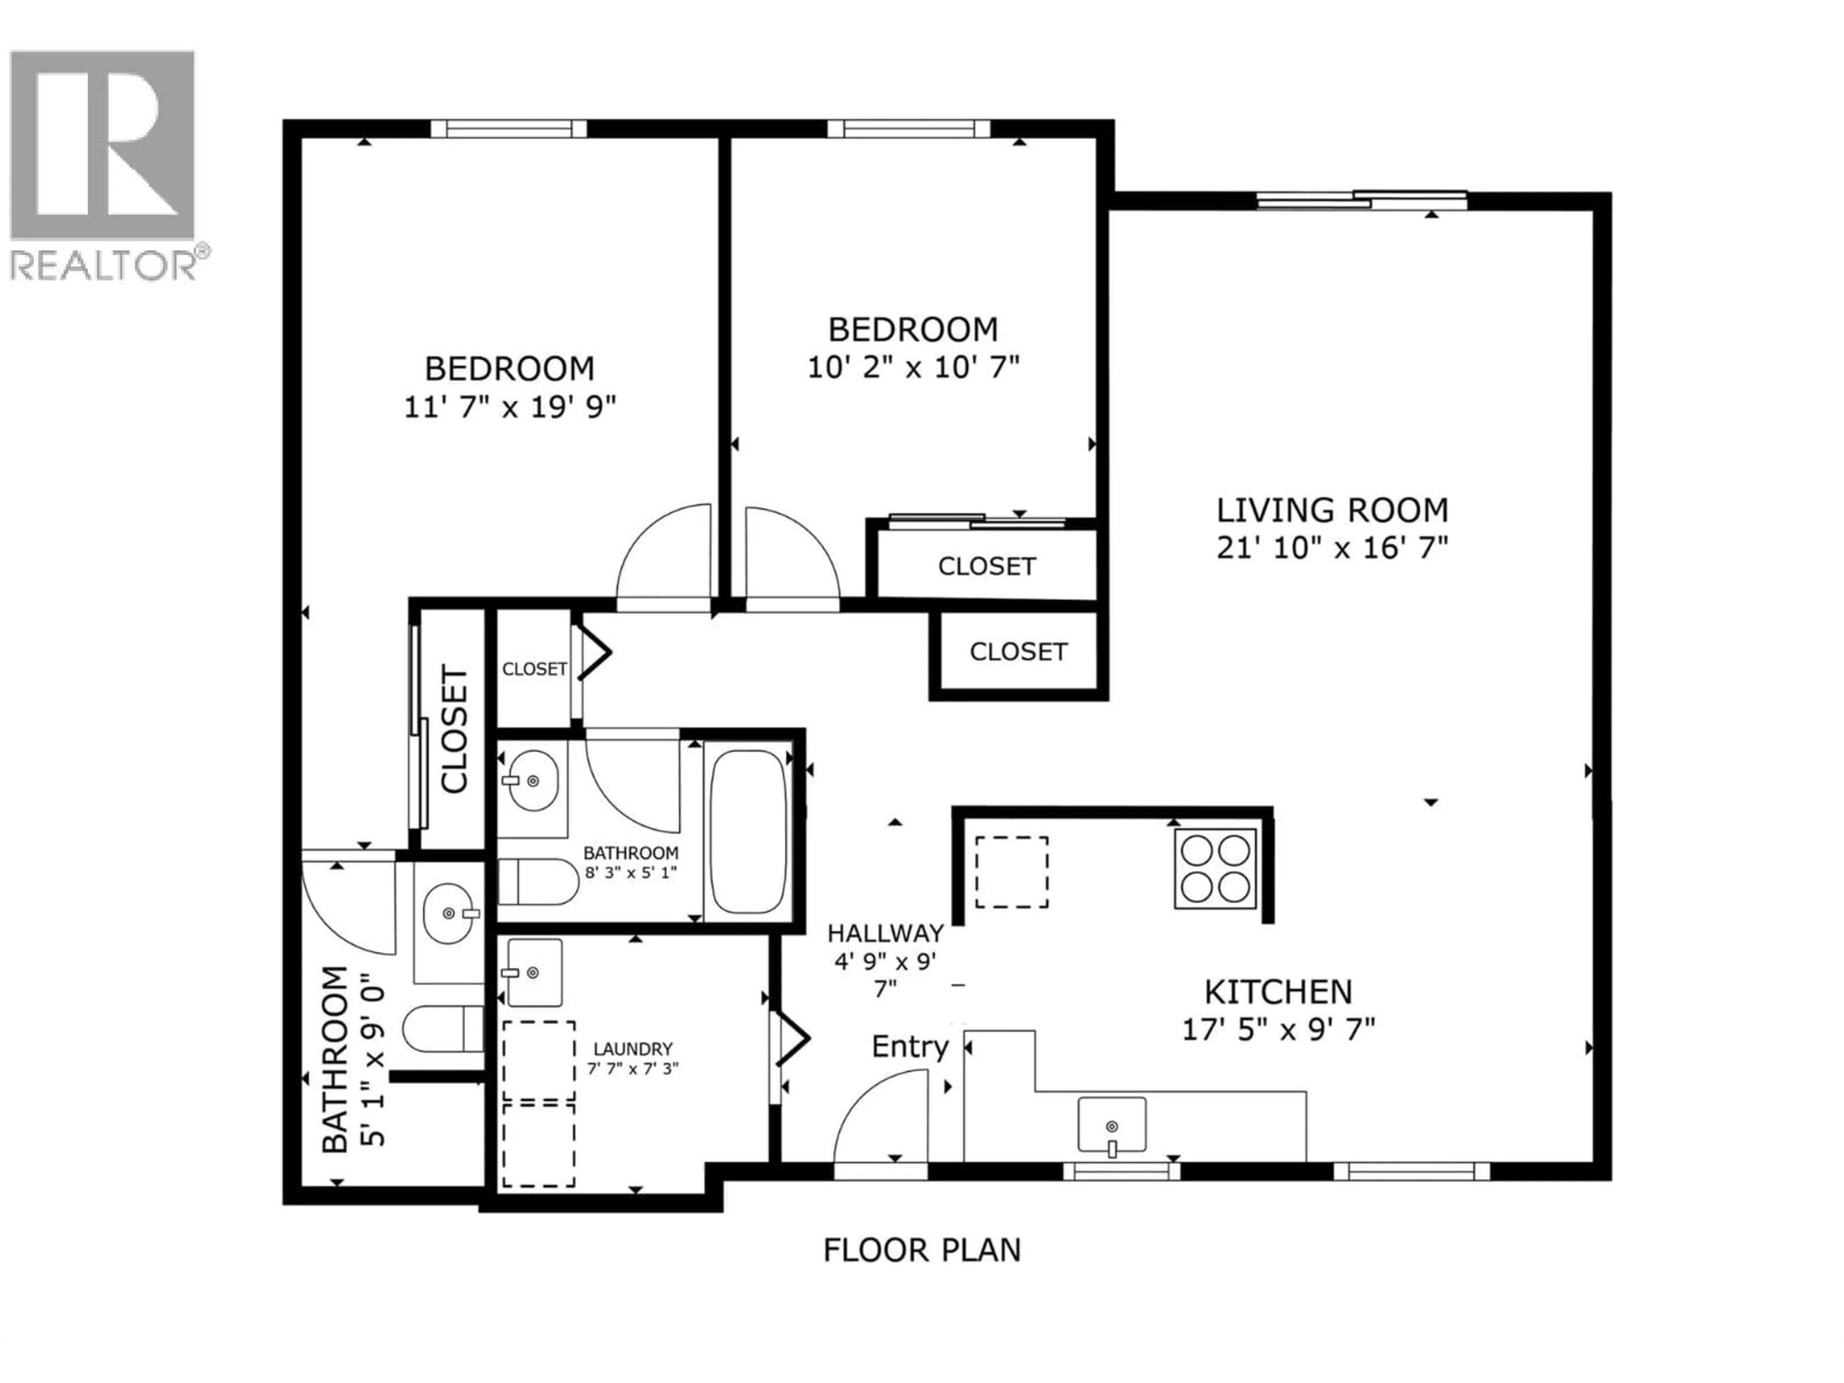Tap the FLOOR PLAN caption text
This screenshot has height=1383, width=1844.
pyautogui.click(x=922, y=1250)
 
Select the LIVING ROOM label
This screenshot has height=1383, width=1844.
pyautogui.click(x=1332, y=510)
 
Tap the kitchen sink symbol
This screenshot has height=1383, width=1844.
pyautogui.click(x=1112, y=1126)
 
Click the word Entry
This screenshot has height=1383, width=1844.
pyautogui.click(x=910, y=1047)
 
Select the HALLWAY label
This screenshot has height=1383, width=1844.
pyautogui.click(x=886, y=933)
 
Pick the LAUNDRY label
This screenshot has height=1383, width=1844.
pyautogui.click(x=633, y=1049)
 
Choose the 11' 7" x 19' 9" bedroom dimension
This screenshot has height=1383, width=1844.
pyautogui.click(x=510, y=408)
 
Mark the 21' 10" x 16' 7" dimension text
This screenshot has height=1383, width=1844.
pyautogui.click(x=1332, y=548)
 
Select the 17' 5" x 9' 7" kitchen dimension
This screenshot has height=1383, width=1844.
pyautogui.click(x=1278, y=1031)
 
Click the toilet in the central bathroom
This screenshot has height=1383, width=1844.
pyautogui.click(x=538, y=882)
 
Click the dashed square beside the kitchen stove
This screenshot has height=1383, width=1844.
pyautogui.click(x=1012, y=872)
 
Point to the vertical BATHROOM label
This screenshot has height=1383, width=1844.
pyautogui.click(x=335, y=1059)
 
